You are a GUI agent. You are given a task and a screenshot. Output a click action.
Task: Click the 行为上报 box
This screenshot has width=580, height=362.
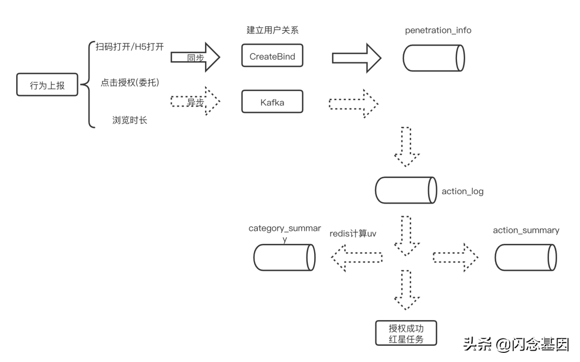coord(47,85)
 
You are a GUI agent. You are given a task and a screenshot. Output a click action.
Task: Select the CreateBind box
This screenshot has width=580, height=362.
coord(272,56)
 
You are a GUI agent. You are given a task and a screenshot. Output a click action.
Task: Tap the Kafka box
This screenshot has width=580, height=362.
coord(272,102)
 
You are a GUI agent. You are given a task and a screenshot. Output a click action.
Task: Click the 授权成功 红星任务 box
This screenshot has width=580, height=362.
coord(406,333)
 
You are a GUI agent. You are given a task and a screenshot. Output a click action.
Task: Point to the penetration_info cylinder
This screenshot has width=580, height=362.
coord(434,58)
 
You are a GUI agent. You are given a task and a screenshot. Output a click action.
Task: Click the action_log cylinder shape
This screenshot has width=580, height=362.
coord(405,191)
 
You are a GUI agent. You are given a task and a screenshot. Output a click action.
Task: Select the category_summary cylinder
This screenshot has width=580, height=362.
coord(284,258)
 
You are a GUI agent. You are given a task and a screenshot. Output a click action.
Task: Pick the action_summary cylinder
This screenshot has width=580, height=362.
coord(525,258)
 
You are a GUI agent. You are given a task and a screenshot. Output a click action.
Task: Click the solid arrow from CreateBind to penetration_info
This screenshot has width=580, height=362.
coord(357,58)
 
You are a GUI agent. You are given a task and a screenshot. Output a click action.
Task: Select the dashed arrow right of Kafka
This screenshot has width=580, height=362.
coord(354,103)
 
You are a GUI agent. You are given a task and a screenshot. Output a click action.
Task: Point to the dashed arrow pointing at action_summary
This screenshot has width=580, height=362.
coord(455,258)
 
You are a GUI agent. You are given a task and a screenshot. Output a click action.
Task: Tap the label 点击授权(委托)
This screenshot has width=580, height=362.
coord(129,83)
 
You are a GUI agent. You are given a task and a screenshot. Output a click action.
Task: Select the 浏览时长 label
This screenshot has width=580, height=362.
coord(129,120)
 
